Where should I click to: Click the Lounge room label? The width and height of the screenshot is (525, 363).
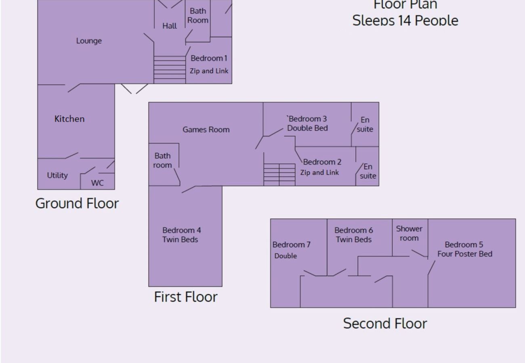pyautogui.click(x=89, y=41)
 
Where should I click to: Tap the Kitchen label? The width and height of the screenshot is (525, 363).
pyautogui.click(x=69, y=119)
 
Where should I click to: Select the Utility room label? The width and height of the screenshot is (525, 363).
pyautogui.click(x=57, y=175)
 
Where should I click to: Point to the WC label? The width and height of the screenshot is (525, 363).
pyautogui.click(x=97, y=183)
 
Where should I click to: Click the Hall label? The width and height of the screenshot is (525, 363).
pyautogui.click(x=170, y=26)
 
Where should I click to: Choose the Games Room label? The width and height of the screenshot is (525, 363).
pyautogui.click(x=206, y=129)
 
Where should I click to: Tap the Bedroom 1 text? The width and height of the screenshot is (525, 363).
pyautogui.click(x=209, y=58)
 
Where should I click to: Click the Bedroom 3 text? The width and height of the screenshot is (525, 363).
pyautogui.click(x=307, y=119)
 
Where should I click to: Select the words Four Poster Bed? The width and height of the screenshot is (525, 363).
pyautogui.click(x=465, y=254)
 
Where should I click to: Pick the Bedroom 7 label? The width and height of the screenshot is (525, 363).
pyautogui.click(x=291, y=245)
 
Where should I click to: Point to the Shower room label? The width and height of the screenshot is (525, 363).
pyautogui.click(x=409, y=234)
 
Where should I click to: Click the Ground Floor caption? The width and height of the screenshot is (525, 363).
pyautogui.click(x=77, y=203)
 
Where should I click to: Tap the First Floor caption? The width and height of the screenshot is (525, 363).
pyautogui.click(x=186, y=297)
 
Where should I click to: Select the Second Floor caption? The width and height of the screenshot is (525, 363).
pyautogui.click(x=385, y=323)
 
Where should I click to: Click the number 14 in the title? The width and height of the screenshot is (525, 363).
pyautogui.click(x=405, y=20)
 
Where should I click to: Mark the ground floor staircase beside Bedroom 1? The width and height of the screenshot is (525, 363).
pyautogui.click(x=170, y=69)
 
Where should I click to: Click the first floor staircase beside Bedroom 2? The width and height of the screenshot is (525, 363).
pyautogui.click(x=279, y=175)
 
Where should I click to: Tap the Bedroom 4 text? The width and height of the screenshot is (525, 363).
pyautogui.click(x=182, y=230)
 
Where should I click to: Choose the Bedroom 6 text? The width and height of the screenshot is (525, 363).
pyautogui.click(x=354, y=230)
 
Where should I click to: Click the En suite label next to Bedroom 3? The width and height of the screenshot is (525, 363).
pyautogui.click(x=365, y=125)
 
